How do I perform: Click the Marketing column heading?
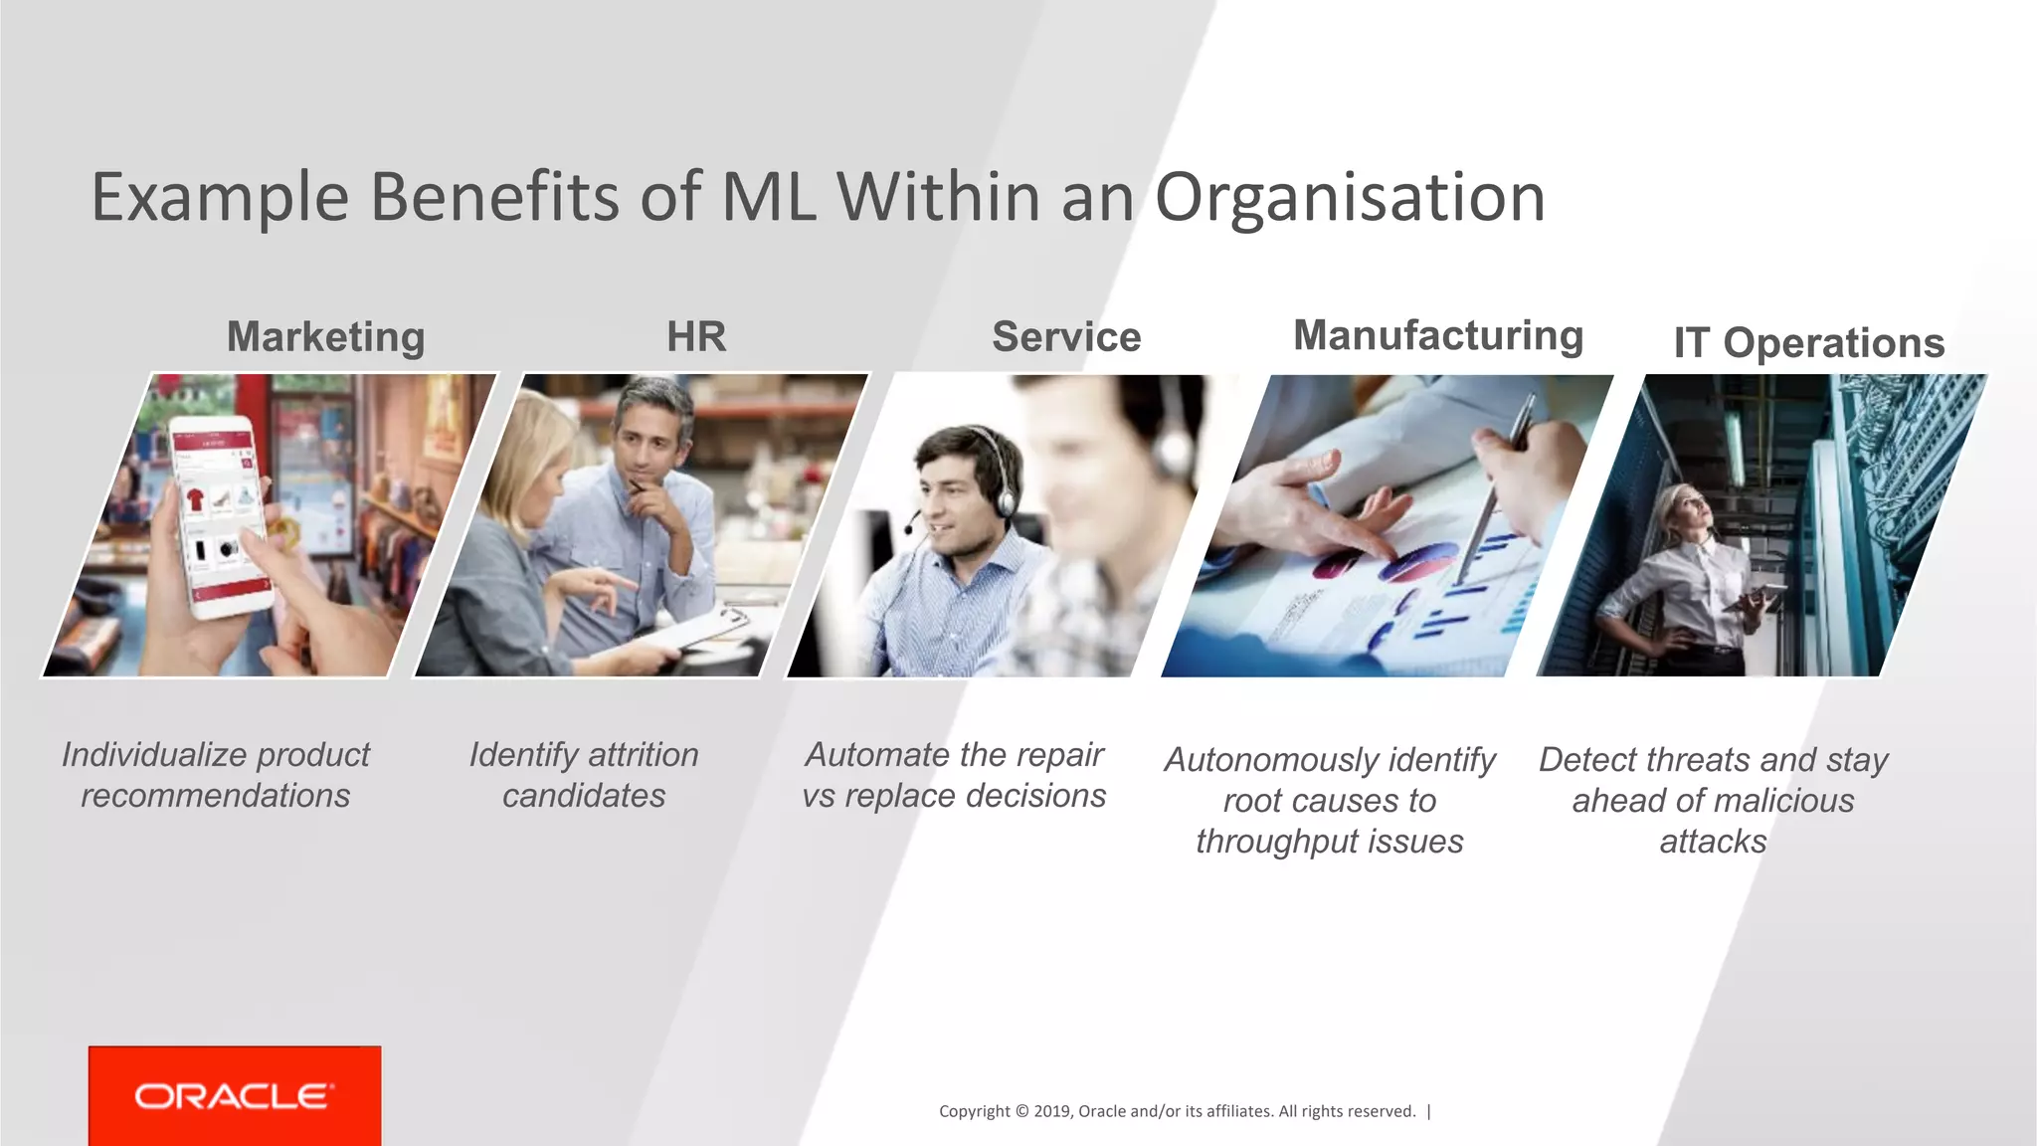[325, 337]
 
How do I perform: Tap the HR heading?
[696, 337]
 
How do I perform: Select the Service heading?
[1066, 337]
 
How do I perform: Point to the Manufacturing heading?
[1438, 335]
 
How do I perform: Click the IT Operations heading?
[1808, 343]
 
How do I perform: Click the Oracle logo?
[235, 1095]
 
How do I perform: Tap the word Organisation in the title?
[1350, 197]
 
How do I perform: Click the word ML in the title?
[768, 197]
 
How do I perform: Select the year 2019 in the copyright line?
[1051, 1111]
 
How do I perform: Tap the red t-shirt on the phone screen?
[195, 497]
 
